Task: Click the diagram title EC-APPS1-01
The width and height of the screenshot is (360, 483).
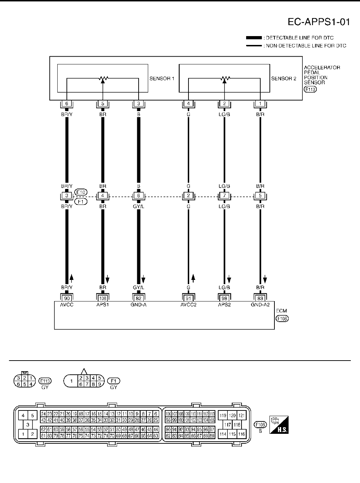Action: [x=319, y=22]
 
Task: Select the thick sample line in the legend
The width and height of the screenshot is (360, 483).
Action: [x=254, y=38]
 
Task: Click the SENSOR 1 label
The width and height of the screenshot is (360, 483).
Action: [x=162, y=79]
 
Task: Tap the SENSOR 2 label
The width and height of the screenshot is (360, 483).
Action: [x=284, y=79]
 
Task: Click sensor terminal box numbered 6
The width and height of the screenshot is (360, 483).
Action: [x=66, y=104]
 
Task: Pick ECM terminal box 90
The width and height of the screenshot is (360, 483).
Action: [x=66, y=298]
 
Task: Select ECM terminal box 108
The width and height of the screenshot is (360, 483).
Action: [x=103, y=298]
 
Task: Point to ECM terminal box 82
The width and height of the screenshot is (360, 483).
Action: [x=139, y=298]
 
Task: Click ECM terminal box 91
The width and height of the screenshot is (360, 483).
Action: [x=188, y=298]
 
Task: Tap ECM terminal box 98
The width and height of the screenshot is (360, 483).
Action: [x=224, y=298]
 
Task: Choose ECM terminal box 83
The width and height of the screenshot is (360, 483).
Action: [x=260, y=298]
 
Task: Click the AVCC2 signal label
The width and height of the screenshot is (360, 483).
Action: [x=188, y=305]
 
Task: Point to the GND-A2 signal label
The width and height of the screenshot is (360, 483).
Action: [x=260, y=305]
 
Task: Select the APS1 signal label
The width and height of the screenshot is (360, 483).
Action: [x=103, y=305]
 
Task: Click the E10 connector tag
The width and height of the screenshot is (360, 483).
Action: [x=81, y=192]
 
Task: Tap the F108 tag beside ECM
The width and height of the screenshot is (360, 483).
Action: [x=282, y=318]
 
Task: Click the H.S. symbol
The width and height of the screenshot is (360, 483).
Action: [x=279, y=425]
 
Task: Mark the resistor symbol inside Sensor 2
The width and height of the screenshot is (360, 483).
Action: [x=224, y=78]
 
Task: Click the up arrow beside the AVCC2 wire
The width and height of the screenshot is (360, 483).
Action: [x=193, y=277]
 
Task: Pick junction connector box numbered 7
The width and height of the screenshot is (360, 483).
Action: [x=224, y=196]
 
